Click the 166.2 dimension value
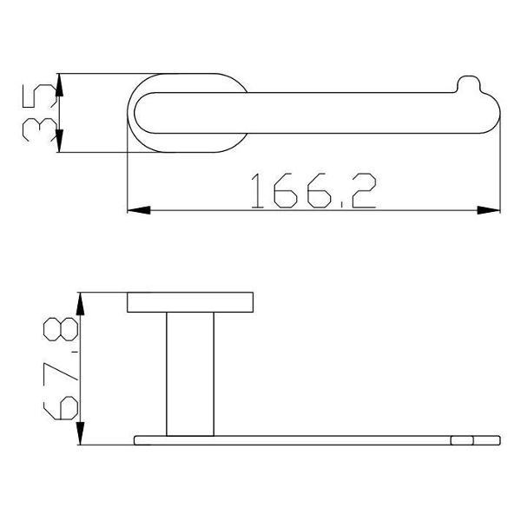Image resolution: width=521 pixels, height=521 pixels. point(313,191)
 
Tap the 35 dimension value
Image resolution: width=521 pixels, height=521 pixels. point(39,113)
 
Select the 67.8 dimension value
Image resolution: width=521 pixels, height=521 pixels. point(61,368)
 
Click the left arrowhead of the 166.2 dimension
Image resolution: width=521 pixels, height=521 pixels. point(139,210)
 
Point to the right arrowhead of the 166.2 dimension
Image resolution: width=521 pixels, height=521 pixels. point(488,210)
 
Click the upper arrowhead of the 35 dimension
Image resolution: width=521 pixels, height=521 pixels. point(59,85)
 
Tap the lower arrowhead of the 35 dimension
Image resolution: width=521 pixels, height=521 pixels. point(59,141)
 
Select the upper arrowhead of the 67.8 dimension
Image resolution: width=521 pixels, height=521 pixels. point(81,304)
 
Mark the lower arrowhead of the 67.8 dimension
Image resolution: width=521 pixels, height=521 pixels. point(81,433)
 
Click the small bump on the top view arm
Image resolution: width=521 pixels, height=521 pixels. point(469,83)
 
